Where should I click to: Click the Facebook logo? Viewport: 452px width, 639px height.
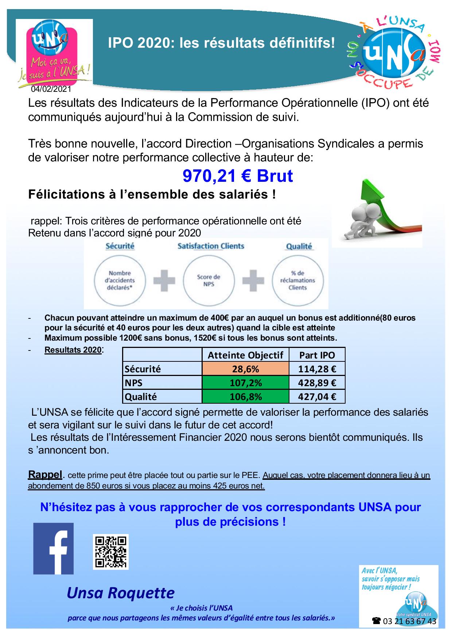53,549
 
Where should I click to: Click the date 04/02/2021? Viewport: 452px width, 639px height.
51,89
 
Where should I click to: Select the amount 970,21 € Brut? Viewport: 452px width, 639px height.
238,176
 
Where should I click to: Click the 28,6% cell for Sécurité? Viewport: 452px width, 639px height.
245,369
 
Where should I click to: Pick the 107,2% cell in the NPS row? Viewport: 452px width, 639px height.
245,383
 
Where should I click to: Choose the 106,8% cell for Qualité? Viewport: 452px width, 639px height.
245,396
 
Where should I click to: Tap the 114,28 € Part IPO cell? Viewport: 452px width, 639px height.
317,369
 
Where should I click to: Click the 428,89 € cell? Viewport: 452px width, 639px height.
317,383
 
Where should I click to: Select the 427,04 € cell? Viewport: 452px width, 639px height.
317,396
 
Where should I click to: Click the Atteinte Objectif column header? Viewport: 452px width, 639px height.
245,355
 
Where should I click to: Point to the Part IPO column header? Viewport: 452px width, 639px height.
317,355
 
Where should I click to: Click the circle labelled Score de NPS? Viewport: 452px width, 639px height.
209,280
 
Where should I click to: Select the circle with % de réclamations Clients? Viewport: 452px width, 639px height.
297,280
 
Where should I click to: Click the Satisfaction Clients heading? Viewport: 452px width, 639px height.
211,246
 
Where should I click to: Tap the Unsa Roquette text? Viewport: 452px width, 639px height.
121,593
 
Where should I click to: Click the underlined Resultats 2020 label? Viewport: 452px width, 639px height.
73,350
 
